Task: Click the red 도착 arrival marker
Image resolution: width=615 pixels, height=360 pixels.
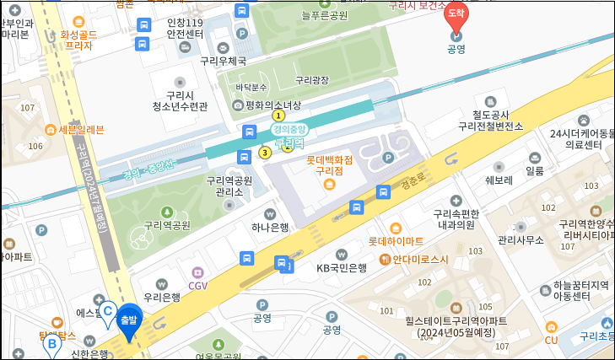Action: (x=456, y=15)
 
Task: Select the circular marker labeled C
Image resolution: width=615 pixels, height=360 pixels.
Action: (x=108, y=311)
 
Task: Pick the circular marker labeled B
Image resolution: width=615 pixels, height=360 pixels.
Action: (x=52, y=344)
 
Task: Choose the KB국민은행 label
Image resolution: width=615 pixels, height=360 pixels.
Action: (x=341, y=268)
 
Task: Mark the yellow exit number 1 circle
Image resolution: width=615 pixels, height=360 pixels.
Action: (x=278, y=116)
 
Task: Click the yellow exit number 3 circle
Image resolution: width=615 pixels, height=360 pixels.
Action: (x=265, y=153)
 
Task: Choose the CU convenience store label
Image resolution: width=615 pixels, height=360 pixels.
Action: (x=552, y=340)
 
